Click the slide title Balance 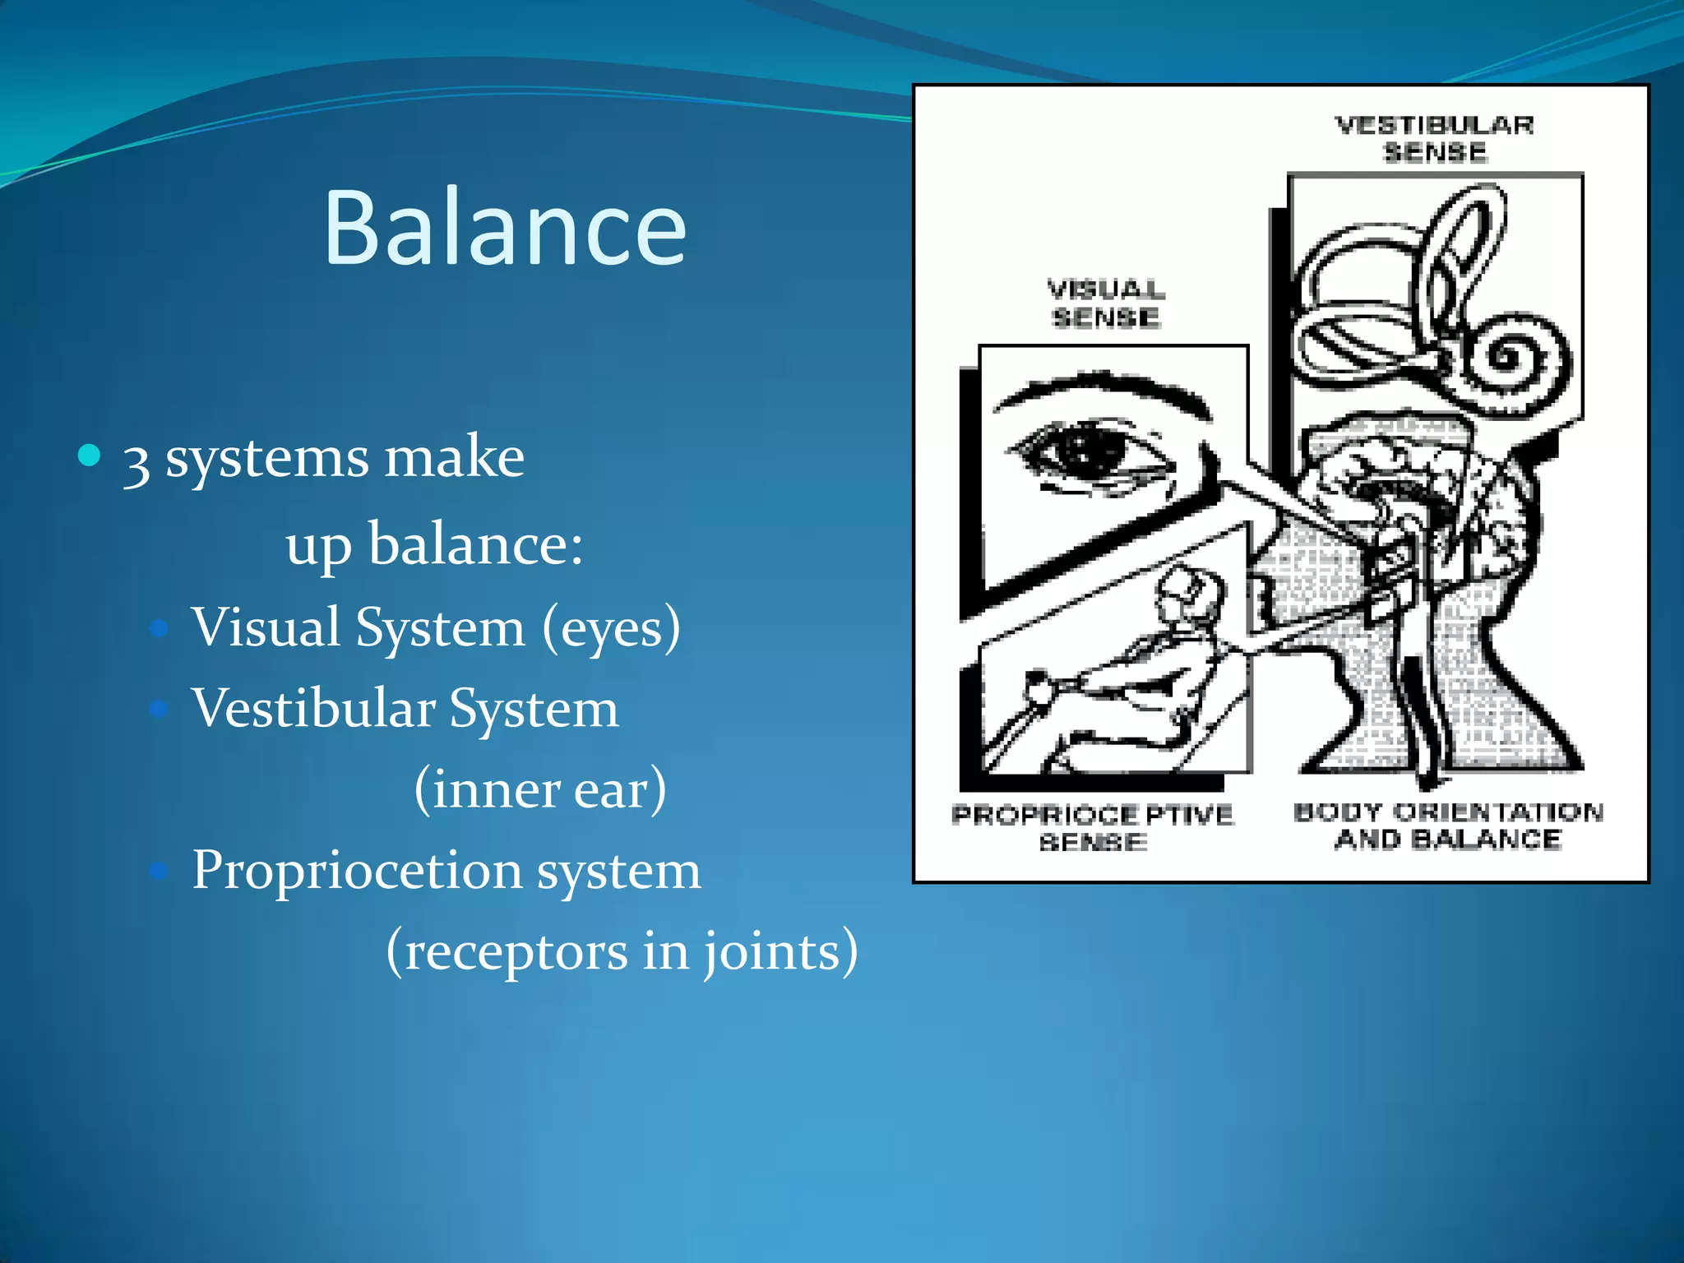pos(505,228)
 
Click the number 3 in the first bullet pos(136,462)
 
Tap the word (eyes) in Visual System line pos(611,628)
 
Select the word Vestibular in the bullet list pos(313,708)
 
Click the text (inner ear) pos(539,789)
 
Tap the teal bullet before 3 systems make pos(89,455)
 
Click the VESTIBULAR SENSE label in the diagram pos(1434,138)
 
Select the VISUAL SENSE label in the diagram pos(1106,303)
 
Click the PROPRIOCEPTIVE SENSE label pos(1093,827)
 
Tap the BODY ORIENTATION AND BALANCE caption pos(1448,826)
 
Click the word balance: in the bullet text pos(475,544)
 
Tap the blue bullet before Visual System pos(160,629)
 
